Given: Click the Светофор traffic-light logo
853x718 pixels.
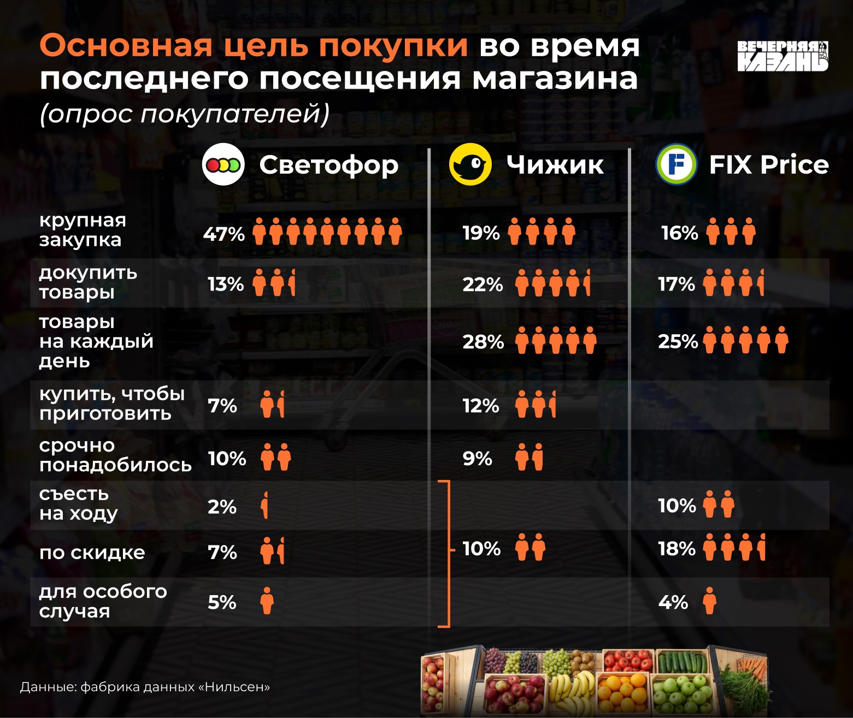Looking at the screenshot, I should coord(223,164).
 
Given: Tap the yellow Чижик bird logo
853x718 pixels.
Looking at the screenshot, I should coord(470,164).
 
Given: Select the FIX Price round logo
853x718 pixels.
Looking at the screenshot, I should coord(676,164).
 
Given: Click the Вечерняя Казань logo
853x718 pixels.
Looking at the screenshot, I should coord(783,56).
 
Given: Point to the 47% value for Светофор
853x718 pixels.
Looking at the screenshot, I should coord(224,234).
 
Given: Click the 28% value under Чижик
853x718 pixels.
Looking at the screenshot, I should coord(483,342).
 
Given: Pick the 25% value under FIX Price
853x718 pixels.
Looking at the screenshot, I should coord(678,341).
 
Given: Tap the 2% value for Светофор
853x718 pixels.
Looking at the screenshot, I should coord(222,507).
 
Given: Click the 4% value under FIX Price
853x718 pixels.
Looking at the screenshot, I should coord(673,602).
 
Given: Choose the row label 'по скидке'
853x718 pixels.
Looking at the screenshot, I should coord(92,553).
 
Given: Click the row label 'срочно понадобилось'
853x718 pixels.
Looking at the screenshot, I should coord(115,455).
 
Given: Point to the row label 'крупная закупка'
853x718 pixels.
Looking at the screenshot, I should coord(83,230).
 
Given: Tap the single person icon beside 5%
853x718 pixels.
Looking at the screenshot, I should coord(267,601).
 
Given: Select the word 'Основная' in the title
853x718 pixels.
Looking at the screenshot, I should coord(126,45).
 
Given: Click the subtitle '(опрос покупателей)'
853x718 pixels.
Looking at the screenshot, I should coord(185,114).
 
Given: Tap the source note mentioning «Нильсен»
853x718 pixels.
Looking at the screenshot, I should coord(145,687).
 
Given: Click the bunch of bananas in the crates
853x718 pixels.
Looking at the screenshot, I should coord(573,691).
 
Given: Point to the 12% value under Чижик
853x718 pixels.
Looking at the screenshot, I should coord(481,406).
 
